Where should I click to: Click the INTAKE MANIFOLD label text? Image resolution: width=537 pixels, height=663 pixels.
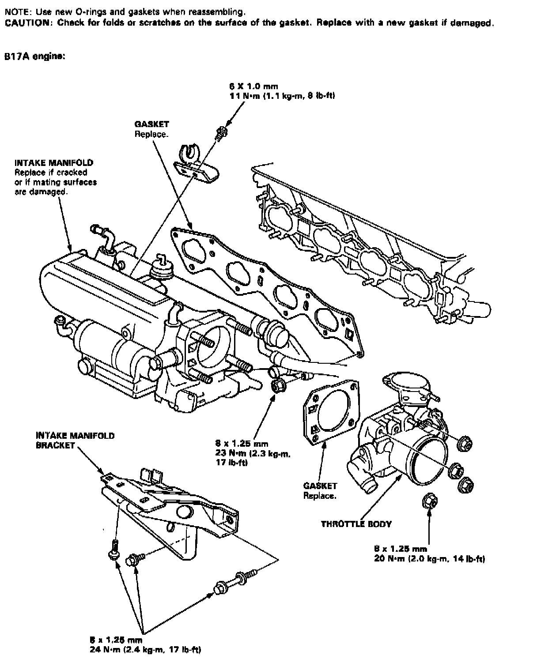click(x=54, y=163)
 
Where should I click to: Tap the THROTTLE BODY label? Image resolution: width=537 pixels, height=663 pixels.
click(x=356, y=524)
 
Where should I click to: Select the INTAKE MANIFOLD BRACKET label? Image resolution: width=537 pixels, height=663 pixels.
click(x=75, y=441)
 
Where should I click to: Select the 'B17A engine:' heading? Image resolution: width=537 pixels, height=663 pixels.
click(x=35, y=57)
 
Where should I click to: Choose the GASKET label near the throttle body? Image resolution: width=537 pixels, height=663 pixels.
click(x=320, y=486)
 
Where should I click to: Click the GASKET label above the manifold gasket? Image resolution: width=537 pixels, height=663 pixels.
click(x=151, y=124)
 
